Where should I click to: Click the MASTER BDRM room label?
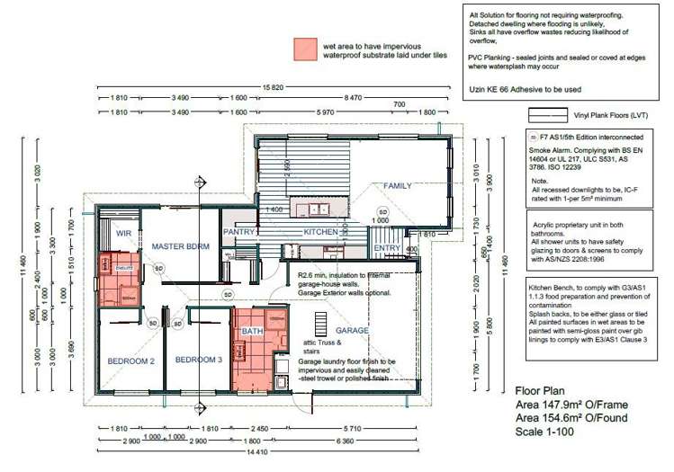point(181,245)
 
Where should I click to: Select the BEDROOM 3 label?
point(197,360)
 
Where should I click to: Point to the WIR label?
point(123,232)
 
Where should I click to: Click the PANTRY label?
point(239,232)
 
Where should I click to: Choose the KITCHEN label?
point(320,232)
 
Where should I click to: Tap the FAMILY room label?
point(397,186)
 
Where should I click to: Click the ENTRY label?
point(387,248)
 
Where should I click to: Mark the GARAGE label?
point(353,331)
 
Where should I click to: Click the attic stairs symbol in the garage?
point(320,322)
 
